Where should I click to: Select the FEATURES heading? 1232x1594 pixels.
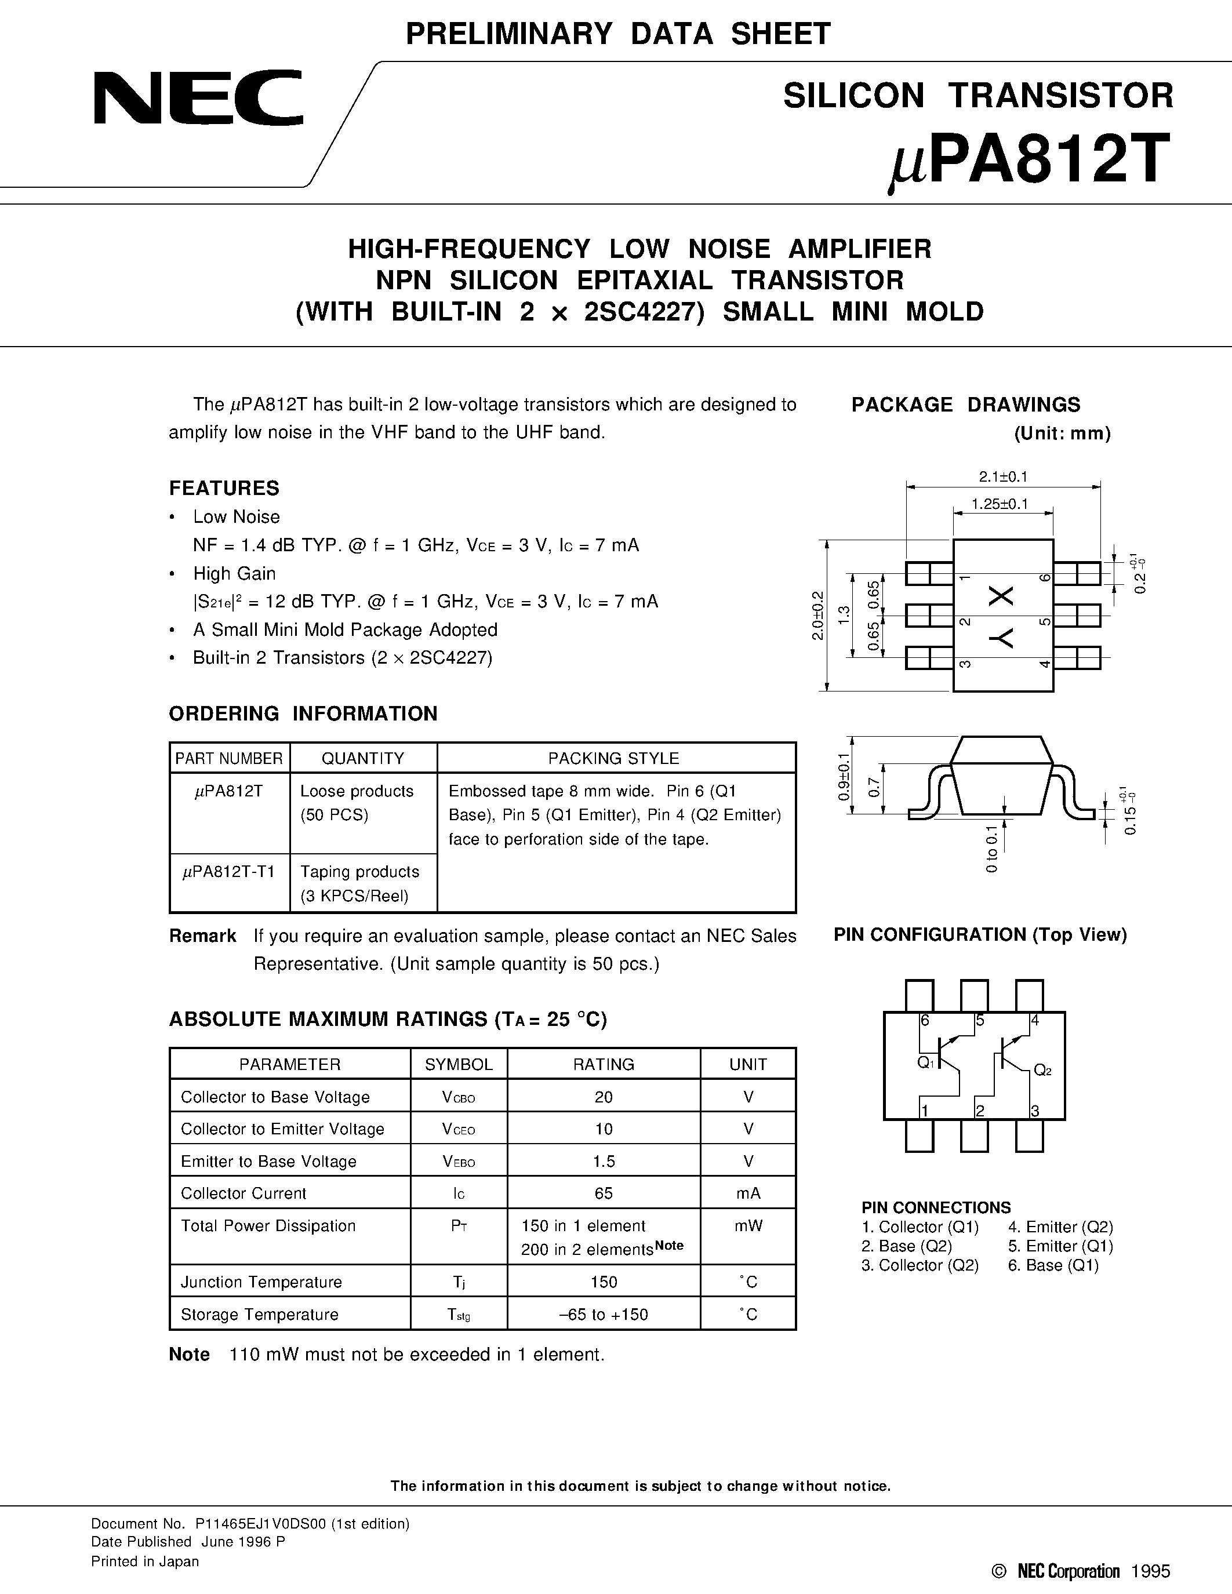click(x=224, y=487)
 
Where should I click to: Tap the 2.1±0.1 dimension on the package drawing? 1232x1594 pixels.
click(x=1003, y=476)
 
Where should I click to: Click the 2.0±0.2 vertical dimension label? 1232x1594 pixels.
click(x=817, y=615)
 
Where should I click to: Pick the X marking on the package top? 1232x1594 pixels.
click(x=1001, y=596)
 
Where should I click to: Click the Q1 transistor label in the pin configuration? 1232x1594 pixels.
click(x=925, y=1062)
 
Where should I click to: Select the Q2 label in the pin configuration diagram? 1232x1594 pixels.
click(x=1042, y=1071)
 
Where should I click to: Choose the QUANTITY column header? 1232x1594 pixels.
click(x=363, y=758)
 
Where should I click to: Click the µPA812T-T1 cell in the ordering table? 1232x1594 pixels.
click(x=229, y=871)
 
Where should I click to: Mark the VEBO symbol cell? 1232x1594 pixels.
click(x=459, y=1161)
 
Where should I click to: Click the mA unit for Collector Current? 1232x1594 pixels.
click(x=748, y=1193)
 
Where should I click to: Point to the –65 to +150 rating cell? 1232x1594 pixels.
click(x=604, y=1315)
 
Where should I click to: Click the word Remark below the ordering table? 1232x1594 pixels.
click(x=202, y=936)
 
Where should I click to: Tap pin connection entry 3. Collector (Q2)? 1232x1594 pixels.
click(x=920, y=1265)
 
